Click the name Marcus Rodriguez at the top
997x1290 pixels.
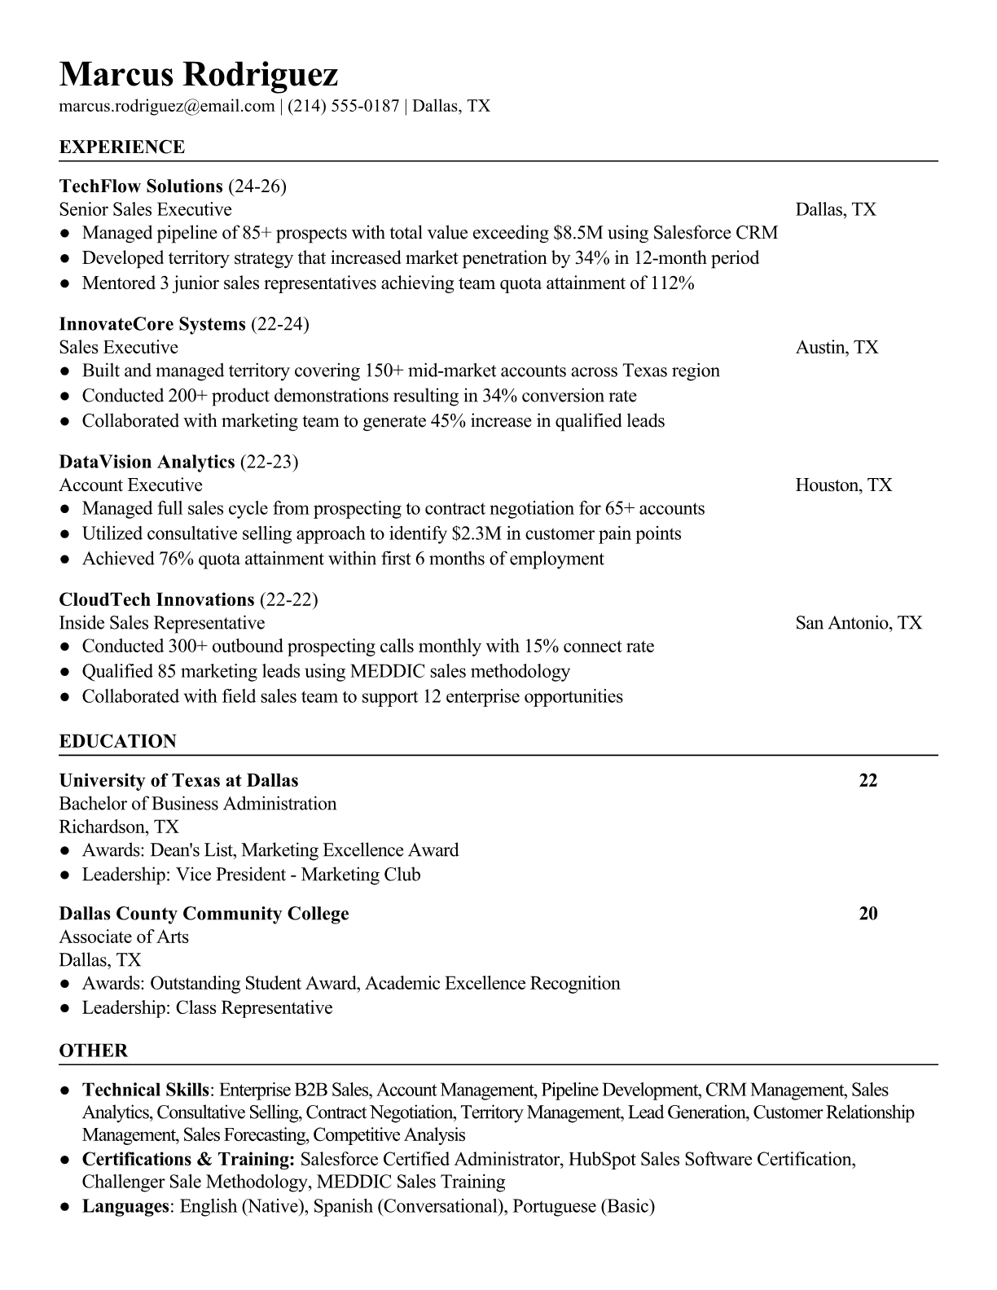tap(198, 75)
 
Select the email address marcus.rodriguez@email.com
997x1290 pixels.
tap(166, 106)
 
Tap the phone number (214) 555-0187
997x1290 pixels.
tap(343, 106)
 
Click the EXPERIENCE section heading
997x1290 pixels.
tap(122, 147)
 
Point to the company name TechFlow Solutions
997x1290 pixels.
tap(141, 186)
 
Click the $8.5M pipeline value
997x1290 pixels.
tap(578, 233)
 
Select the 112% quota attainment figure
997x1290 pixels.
tap(672, 283)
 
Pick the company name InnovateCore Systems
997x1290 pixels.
tap(152, 324)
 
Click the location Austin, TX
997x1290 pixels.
tap(837, 348)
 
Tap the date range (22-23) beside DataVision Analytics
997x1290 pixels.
tap(269, 462)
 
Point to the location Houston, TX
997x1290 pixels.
tap(843, 485)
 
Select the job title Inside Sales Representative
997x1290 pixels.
tap(162, 623)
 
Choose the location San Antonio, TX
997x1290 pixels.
tap(859, 623)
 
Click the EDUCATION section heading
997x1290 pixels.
tap(117, 742)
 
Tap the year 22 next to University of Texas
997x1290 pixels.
tap(867, 780)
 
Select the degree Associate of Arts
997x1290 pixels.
tap(124, 937)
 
